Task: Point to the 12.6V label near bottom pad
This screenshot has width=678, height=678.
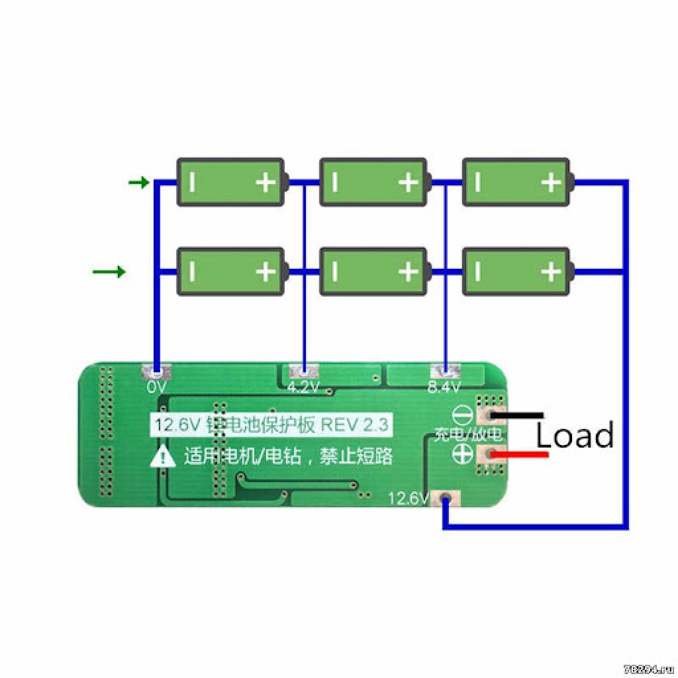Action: pos(409,498)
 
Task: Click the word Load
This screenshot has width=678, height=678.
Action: pos(574,436)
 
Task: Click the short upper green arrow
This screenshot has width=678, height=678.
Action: pos(139,182)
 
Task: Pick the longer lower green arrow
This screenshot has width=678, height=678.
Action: pos(109,271)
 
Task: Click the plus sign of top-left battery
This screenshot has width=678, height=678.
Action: pos(266,182)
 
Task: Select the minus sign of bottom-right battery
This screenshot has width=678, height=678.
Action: pos(477,271)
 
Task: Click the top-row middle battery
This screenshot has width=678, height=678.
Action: pos(373,182)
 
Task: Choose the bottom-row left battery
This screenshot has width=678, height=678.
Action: pos(230,271)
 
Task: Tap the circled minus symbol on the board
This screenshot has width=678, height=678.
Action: pos(461,416)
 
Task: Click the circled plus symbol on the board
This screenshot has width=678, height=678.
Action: pos(461,454)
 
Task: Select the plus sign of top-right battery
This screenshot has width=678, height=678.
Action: pos(551,182)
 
